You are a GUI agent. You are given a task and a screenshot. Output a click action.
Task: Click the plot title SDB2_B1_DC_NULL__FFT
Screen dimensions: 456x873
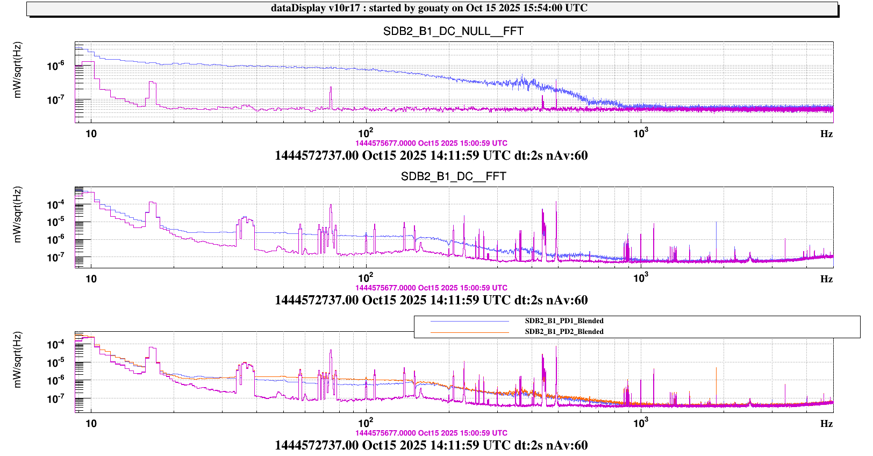pyautogui.click(x=453, y=31)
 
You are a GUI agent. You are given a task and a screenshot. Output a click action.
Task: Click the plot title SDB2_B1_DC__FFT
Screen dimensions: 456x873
pyautogui.click(x=453, y=176)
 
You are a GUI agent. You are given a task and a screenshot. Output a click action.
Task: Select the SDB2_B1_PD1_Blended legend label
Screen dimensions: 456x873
pyautogui.click(x=564, y=321)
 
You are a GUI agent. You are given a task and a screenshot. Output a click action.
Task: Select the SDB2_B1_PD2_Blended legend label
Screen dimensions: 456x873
pyautogui.click(x=564, y=332)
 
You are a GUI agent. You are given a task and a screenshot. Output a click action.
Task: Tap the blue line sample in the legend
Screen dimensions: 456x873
pyautogui.click(x=469, y=322)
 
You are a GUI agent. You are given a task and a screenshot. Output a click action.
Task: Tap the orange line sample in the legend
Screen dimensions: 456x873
pyautogui.click(x=469, y=332)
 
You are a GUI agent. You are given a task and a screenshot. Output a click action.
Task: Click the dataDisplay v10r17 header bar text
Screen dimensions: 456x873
pyautogui.click(x=429, y=8)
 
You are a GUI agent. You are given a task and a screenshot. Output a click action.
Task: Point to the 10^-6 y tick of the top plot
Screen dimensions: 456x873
pyautogui.click(x=56, y=66)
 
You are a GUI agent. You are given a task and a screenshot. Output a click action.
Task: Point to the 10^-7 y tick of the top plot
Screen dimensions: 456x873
pyautogui.click(x=56, y=100)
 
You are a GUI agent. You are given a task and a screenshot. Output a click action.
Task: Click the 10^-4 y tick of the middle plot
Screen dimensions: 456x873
pyautogui.click(x=56, y=204)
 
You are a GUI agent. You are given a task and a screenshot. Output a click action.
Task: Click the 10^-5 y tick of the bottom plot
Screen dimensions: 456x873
pyautogui.click(x=56, y=362)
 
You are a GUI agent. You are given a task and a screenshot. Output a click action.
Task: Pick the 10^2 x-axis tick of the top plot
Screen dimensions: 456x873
pyautogui.click(x=366, y=133)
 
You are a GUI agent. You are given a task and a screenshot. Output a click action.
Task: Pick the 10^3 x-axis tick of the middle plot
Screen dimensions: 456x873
pyautogui.click(x=640, y=278)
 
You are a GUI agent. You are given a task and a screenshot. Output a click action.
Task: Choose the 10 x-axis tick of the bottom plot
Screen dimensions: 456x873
pyautogui.click(x=91, y=423)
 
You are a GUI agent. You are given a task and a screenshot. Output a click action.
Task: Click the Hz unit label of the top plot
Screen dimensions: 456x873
pyautogui.click(x=826, y=134)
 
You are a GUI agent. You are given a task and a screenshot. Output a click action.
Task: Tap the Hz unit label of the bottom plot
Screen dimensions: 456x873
pyautogui.click(x=826, y=424)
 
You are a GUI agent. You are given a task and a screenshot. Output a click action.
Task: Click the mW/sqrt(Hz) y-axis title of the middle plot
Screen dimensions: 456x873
pyautogui.click(x=18, y=215)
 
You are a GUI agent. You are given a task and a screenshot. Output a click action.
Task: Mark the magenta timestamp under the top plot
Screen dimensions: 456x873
pyautogui.click(x=431, y=144)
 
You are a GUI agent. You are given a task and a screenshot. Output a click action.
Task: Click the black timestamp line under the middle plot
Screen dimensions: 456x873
pyautogui.click(x=431, y=300)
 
